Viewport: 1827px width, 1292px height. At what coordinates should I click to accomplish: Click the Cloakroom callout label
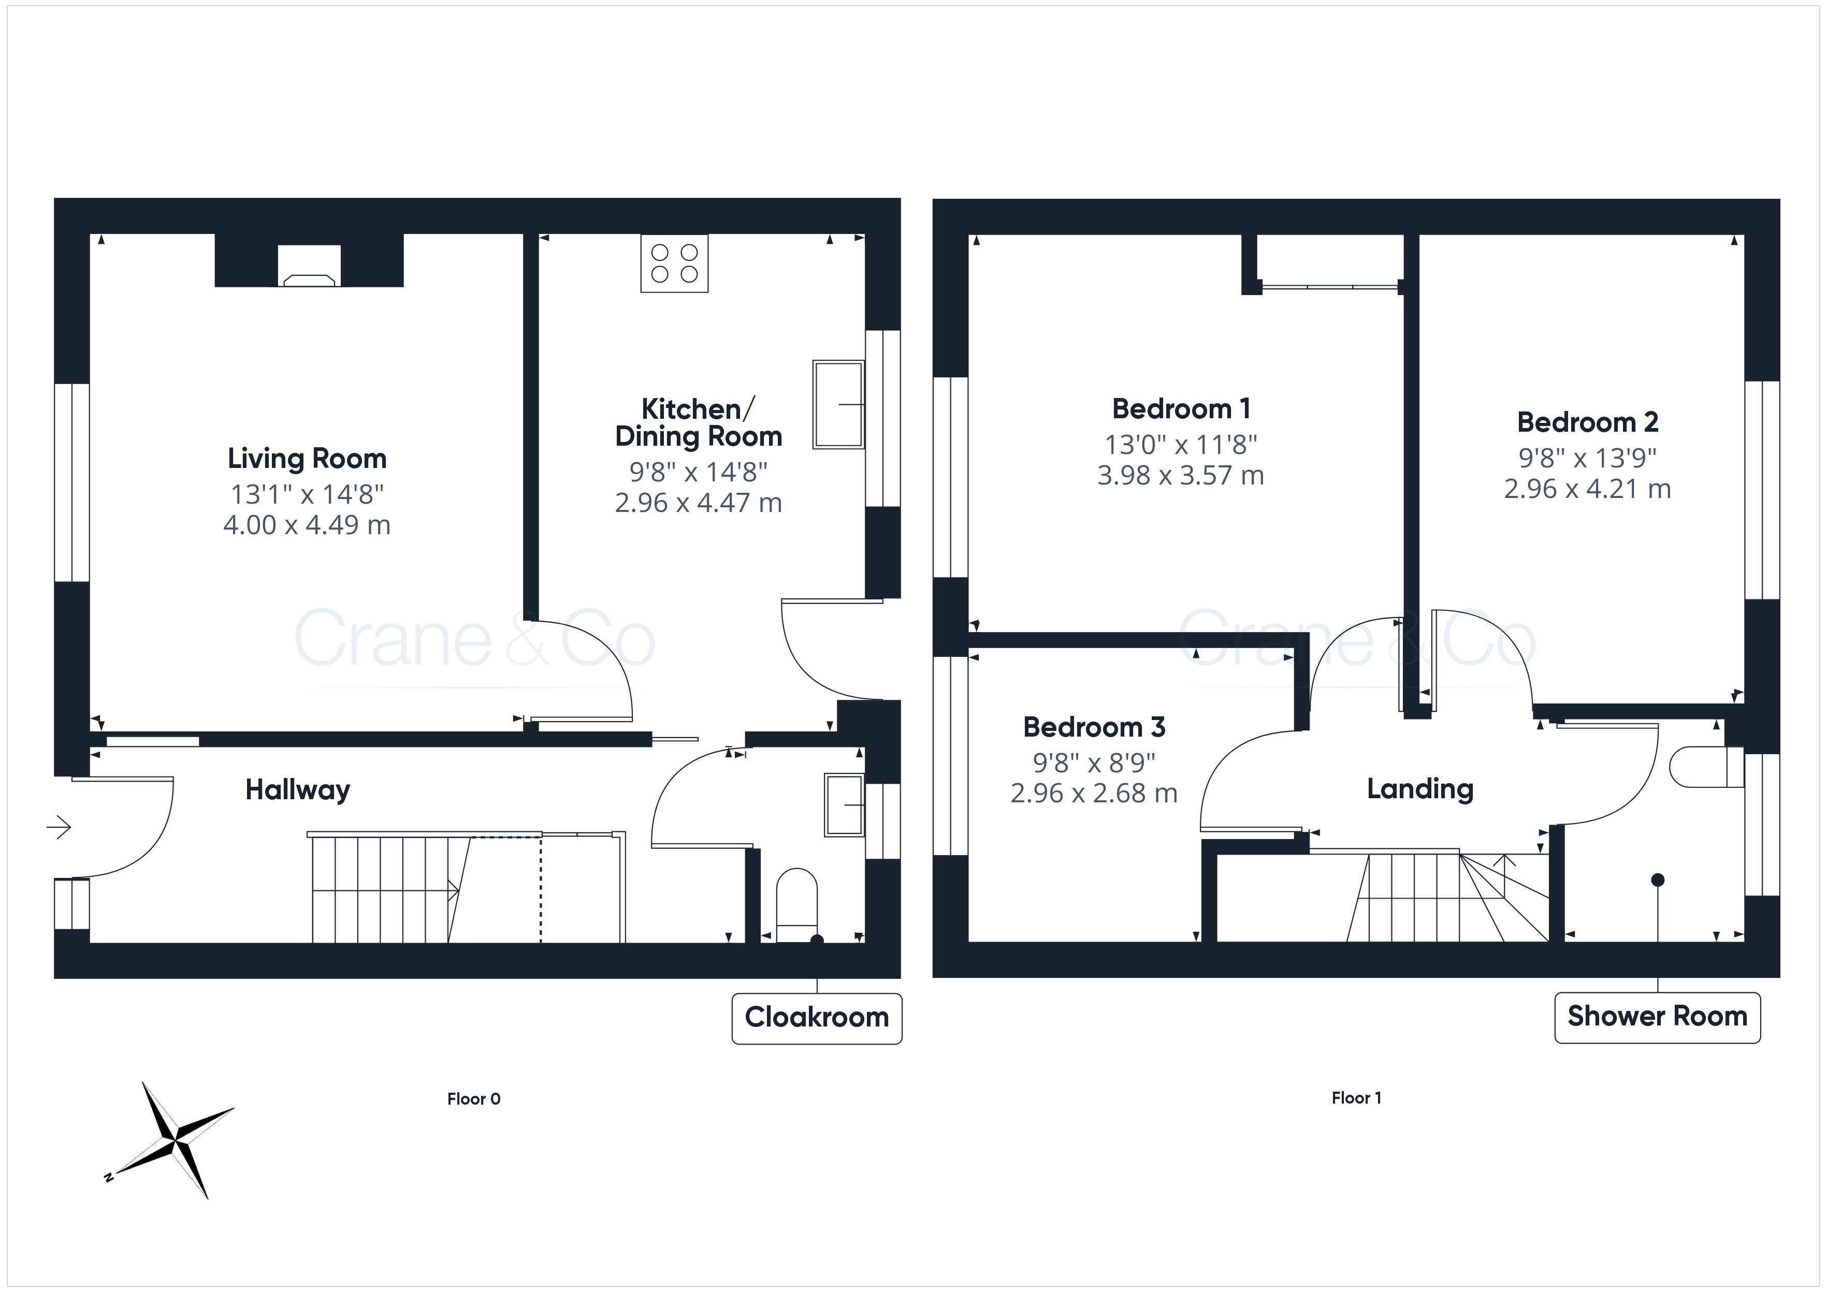pyautogui.click(x=817, y=1018)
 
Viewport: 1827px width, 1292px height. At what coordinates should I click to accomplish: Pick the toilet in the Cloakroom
pyautogui.click(x=796, y=905)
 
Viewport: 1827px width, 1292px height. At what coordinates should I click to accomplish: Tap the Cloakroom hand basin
pyautogui.click(x=844, y=805)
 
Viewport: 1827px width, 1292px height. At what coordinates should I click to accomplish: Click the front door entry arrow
pyautogui.click(x=59, y=827)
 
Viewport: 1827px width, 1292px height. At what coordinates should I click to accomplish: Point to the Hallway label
pyautogui.click(x=298, y=790)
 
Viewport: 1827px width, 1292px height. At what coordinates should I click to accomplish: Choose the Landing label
pyautogui.click(x=1420, y=789)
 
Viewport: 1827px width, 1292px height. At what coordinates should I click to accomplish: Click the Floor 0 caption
pyautogui.click(x=473, y=1099)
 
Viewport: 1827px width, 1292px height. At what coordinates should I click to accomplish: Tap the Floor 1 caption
pyautogui.click(x=1357, y=1098)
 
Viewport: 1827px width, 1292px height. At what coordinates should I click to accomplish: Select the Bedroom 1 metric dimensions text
pyautogui.click(x=1181, y=476)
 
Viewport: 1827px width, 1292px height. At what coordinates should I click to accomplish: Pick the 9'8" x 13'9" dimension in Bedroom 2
pyautogui.click(x=1587, y=458)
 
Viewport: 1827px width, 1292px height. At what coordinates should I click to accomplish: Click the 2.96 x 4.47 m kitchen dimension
pyautogui.click(x=699, y=503)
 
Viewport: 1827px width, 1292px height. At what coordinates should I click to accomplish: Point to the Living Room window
pyautogui.click(x=71, y=483)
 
